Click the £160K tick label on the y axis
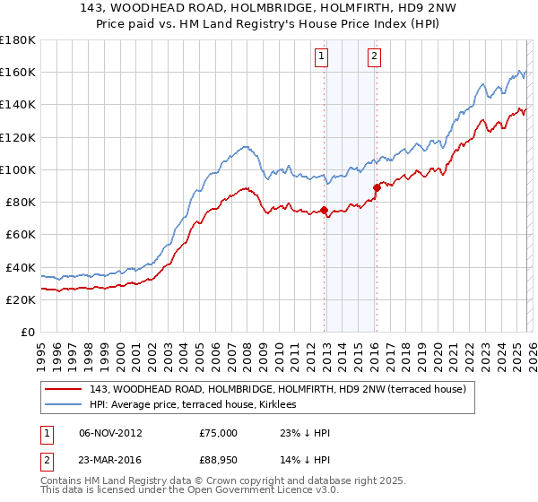(18, 72)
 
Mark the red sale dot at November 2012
(324, 212)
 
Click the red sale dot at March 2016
(377, 187)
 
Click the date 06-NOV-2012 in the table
(110, 433)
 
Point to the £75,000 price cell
(219, 433)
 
